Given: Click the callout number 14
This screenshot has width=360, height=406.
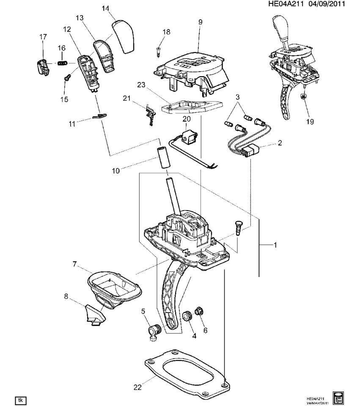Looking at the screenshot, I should coord(105,8).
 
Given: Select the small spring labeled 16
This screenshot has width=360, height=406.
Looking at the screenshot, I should coord(63,63).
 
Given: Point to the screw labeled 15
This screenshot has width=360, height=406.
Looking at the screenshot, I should coord(67,77).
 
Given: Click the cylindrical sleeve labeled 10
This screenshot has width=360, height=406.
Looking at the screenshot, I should coord(163,157).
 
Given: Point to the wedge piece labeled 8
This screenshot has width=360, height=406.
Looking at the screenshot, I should coord(94,315).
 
